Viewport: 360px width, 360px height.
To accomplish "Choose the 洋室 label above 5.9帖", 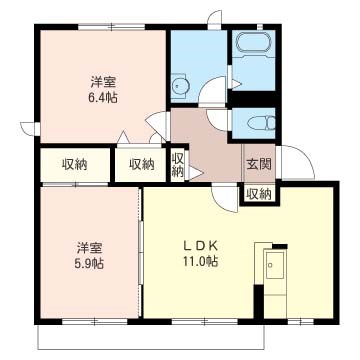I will [x=88, y=246].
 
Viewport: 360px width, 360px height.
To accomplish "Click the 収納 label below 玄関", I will [x=258, y=193].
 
